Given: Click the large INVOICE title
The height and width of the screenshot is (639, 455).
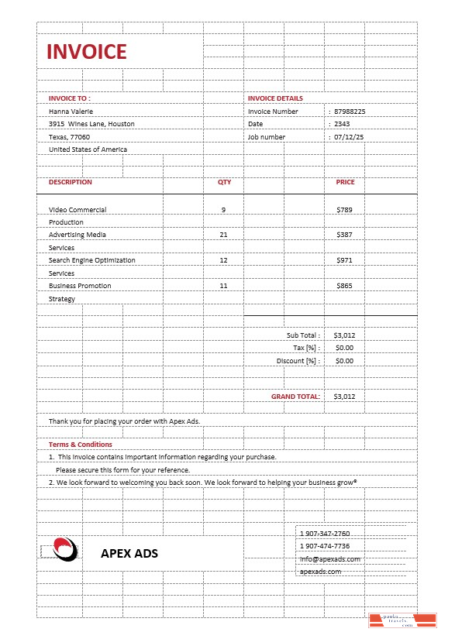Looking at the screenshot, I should (86, 52).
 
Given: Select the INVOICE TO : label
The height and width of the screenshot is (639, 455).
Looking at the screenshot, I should (69, 98).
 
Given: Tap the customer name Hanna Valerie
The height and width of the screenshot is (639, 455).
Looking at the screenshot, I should (71, 112).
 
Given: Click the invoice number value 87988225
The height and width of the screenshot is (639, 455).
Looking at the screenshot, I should (350, 112).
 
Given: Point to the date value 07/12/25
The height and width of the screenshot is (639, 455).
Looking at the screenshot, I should (349, 137).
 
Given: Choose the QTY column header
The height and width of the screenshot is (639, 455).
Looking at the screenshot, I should (224, 182).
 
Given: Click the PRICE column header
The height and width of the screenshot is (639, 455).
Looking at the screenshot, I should (345, 182).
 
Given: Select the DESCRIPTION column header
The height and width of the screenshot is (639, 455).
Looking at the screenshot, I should (70, 182).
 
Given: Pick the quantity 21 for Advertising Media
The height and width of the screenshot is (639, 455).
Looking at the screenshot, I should (224, 235).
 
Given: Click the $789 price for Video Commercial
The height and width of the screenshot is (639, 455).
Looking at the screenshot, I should (344, 210).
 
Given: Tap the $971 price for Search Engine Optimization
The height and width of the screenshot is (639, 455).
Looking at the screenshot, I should (344, 260).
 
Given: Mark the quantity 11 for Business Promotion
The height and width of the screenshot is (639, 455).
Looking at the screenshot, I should (224, 286).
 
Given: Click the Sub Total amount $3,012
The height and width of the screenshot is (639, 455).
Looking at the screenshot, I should (344, 335).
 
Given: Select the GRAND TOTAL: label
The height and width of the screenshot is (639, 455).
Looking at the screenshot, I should (295, 397).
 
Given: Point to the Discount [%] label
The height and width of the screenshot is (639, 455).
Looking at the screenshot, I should (298, 361).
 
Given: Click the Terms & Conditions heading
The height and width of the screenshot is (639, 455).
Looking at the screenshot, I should (80, 445).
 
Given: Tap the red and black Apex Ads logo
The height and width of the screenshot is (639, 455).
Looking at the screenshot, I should (65, 548).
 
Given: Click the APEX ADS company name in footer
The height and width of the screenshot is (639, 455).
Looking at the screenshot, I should (129, 553).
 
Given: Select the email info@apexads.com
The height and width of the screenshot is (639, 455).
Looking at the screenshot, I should (329, 558).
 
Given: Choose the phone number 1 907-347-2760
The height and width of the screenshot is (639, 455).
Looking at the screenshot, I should (325, 534).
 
